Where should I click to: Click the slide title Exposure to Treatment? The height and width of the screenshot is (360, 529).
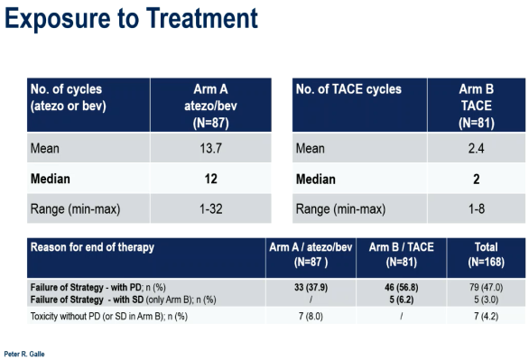coord(131,19)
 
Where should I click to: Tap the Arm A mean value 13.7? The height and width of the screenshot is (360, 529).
coord(211,148)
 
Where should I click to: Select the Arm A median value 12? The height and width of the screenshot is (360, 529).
coord(211,179)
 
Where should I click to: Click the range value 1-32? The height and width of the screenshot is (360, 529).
coord(211,209)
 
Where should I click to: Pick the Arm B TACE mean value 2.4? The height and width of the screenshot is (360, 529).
coord(476,148)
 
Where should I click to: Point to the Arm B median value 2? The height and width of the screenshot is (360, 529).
coord(477,179)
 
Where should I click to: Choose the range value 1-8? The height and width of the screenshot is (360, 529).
coord(477,209)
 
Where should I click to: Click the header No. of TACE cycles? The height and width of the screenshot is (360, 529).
coord(348,89)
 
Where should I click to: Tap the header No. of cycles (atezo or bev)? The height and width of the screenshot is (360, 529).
coord(68,97)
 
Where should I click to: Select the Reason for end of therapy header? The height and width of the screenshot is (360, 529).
coord(92,247)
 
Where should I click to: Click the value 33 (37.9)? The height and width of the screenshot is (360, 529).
coord(311,287)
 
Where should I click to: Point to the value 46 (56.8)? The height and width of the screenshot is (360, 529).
coord(402,287)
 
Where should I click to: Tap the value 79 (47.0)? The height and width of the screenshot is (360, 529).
coord(487,287)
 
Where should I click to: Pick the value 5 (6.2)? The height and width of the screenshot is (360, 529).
coord(402,300)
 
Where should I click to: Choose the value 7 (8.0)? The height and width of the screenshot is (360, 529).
coord(311,316)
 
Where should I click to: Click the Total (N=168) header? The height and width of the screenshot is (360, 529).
coord(487,254)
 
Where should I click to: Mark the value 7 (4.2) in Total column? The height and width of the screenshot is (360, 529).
coord(487,316)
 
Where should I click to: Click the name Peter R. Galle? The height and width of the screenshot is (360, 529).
coord(24,354)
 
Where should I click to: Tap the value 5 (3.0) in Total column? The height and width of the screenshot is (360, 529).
coord(487,300)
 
